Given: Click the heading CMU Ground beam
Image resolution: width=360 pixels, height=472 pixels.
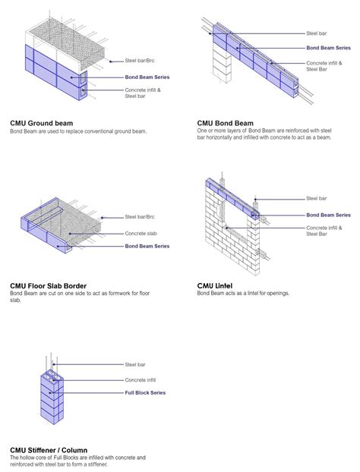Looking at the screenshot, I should [x=41, y=122].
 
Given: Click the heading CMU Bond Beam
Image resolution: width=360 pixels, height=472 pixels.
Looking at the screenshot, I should [x=225, y=122].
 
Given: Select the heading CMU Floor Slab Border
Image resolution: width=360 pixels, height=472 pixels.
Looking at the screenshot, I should [x=48, y=286].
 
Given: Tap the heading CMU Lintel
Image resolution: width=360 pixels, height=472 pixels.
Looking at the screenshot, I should [x=216, y=286].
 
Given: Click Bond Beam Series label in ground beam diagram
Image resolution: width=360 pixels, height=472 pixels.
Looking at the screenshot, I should [x=147, y=77].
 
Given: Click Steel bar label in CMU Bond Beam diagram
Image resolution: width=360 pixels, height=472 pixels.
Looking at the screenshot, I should [x=317, y=33].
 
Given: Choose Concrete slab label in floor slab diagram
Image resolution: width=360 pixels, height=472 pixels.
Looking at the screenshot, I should [x=142, y=233].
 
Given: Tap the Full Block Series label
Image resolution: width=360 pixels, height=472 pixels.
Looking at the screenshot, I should [x=144, y=393].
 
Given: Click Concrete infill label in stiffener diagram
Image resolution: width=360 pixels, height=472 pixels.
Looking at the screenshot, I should [x=142, y=379].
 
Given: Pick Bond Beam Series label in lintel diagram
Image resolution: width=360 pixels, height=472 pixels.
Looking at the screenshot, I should [x=328, y=215].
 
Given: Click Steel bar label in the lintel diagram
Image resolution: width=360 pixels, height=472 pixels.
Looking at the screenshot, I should [x=317, y=199].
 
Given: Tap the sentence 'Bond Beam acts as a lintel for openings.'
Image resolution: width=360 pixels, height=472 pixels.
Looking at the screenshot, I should [x=243, y=294].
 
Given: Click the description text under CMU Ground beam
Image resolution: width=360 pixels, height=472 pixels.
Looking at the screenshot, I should [x=77, y=131].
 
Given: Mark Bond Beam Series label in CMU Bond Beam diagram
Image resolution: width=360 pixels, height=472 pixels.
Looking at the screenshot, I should [x=328, y=48].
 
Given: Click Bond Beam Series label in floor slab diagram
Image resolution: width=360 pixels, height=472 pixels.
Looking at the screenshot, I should [x=147, y=246].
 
